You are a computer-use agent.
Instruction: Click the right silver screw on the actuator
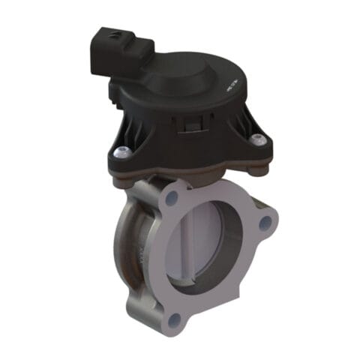[258, 139]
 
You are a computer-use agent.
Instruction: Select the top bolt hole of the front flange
[172, 198]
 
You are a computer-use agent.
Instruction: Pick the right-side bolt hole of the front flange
[264, 223]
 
